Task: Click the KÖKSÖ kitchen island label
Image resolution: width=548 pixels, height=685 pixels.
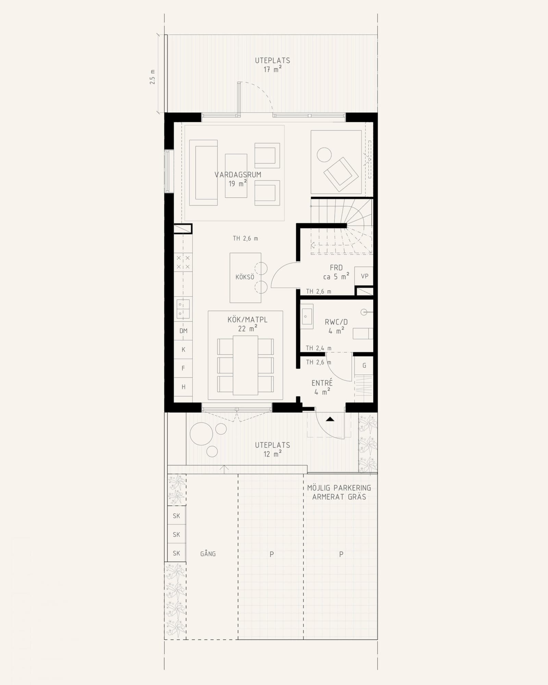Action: (x=245, y=277)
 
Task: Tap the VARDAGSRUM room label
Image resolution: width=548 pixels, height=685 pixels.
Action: (x=238, y=175)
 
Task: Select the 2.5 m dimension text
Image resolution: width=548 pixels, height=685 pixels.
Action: (x=152, y=77)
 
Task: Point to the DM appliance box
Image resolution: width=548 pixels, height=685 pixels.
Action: (x=183, y=331)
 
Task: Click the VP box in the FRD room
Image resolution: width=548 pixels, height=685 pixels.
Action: (x=364, y=276)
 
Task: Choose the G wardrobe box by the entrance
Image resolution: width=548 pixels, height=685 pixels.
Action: (x=364, y=366)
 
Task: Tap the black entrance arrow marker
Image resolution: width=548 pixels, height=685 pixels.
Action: (x=330, y=419)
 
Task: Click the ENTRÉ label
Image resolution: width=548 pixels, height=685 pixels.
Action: (x=322, y=383)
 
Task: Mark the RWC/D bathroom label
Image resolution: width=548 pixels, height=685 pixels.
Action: (x=336, y=322)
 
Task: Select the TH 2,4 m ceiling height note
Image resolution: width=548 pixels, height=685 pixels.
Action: (x=319, y=348)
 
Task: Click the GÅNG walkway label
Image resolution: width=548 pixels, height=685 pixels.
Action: (x=208, y=554)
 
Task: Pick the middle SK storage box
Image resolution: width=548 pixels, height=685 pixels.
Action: (x=176, y=534)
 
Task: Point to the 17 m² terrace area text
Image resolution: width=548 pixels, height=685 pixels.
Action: (x=272, y=70)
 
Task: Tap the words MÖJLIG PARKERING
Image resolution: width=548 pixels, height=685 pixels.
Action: (x=339, y=488)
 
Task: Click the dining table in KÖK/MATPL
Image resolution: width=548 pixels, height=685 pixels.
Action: (x=245, y=365)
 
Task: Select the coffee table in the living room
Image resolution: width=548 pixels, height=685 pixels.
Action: (x=236, y=176)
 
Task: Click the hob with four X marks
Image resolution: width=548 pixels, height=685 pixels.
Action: (x=183, y=262)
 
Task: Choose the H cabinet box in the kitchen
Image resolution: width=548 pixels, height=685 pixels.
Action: (x=183, y=387)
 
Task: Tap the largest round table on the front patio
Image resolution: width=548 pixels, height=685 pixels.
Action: (x=201, y=434)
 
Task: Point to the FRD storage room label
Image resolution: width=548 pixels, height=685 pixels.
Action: (x=336, y=268)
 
